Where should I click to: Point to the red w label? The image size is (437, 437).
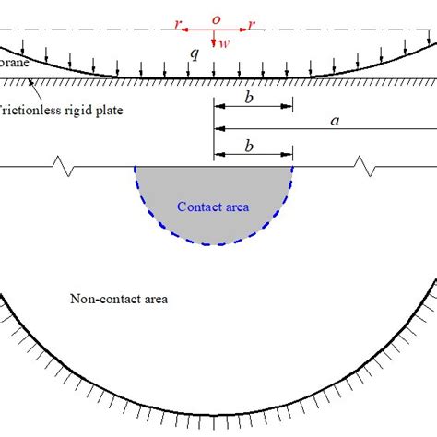[223, 41]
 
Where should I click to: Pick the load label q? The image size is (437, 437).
[194, 55]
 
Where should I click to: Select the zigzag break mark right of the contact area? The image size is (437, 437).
[365, 167]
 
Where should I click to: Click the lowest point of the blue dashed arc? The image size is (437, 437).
[214, 244]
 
